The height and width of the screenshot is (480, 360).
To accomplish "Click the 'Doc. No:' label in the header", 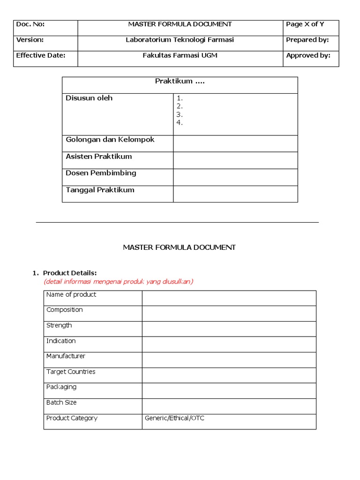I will coord(30,24).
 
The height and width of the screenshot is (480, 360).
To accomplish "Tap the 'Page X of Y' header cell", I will coord(305,24).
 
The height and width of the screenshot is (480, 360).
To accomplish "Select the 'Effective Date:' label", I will coord(41,55).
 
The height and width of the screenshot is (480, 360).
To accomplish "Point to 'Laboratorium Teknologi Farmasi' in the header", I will coord(180,40).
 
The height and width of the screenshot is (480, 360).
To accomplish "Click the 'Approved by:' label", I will coord(308,55).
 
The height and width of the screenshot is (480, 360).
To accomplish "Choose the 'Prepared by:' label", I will coord(307,40).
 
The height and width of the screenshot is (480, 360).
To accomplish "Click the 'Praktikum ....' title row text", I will coord(180,82).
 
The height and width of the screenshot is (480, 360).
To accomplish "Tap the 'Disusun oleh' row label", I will coord(89,98).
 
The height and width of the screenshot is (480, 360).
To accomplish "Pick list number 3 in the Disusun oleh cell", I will coord(180,115).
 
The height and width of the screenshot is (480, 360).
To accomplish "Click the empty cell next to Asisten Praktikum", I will coord(235,160).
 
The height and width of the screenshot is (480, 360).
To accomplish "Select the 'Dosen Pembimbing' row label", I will coord(101,173).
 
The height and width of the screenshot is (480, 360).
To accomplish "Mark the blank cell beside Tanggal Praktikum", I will coord(235,194).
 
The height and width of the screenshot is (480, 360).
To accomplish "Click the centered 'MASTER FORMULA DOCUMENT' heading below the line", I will coord(179,247).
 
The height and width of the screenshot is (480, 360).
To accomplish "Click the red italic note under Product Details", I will coord(118,281).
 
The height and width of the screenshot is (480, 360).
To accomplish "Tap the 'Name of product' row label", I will coord(71,294).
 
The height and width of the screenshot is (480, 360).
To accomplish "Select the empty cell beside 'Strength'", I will coord(229,329).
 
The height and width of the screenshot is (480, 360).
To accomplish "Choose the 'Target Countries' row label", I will coord(71,372).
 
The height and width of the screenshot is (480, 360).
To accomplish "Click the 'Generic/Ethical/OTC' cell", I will coord(174,418).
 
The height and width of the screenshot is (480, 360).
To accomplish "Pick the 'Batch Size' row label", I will coord(61,403).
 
